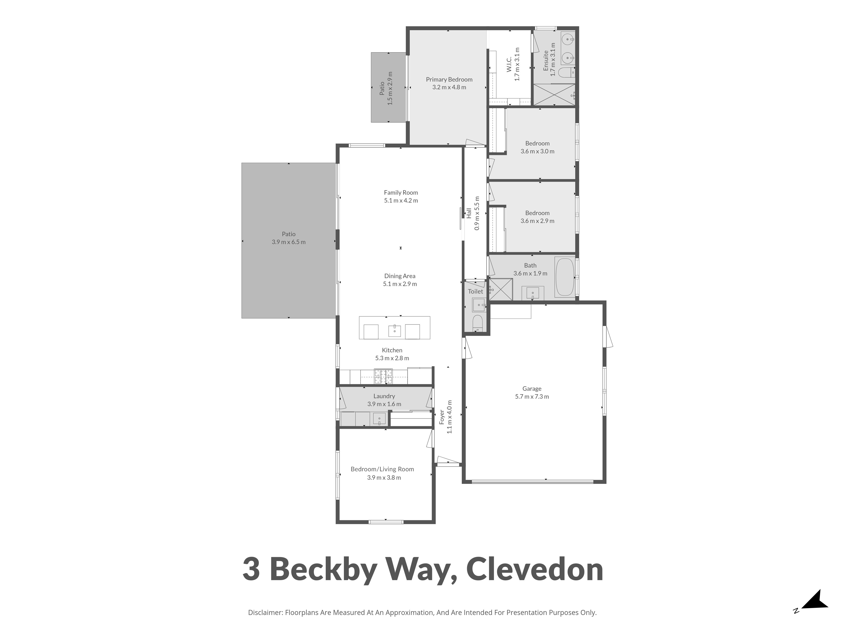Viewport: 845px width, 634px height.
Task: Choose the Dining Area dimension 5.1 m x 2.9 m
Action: pos(400,284)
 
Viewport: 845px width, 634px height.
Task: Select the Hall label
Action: pos(469,213)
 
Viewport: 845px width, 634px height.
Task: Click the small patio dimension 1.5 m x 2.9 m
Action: pos(390,88)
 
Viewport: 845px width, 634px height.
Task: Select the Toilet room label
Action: pos(475,291)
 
